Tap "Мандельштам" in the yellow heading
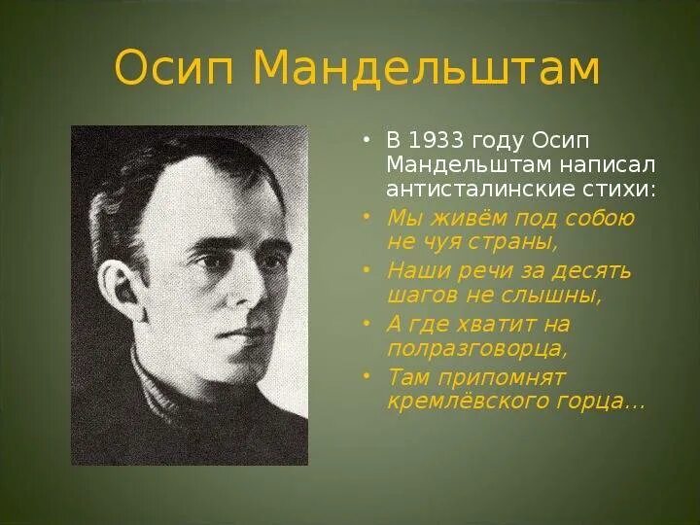click(424, 69)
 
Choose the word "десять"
click(594, 270)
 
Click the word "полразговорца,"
click(476, 348)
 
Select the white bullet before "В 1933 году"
click(367, 141)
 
